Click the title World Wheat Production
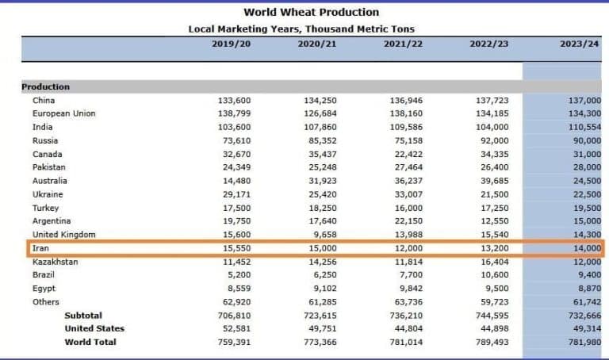[x=311, y=12]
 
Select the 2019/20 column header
[x=232, y=44]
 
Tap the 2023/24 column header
[x=578, y=44]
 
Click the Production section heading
[x=45, y=86]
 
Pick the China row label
[x=44, y=100]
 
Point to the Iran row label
[x=40, y=248]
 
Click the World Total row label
[x=90, y=342]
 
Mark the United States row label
[x=94, y=328]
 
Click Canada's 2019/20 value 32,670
[x=235, y=154]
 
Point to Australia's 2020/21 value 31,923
[x=320, y=181]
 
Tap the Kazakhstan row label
[x=55, y=262]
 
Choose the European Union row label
[x=63, y=113]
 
